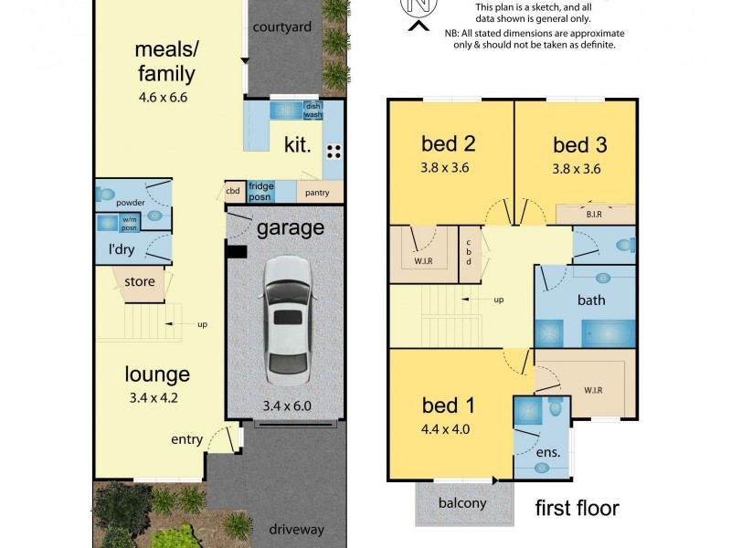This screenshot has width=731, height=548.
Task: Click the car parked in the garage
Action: pos(285,320)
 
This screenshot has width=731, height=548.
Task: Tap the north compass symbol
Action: pos(418,8)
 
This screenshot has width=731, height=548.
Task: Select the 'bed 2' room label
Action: pos(447,143)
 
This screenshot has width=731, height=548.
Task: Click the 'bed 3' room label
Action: pos(579,144)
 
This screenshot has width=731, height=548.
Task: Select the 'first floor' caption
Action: pos(577,508)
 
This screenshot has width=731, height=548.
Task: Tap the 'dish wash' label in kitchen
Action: pos(313,111)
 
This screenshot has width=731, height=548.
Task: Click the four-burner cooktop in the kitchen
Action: pos(333,152)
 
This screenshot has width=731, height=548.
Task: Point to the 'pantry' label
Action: pos(316,193)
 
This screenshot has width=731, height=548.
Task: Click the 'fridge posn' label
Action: pos(261,192)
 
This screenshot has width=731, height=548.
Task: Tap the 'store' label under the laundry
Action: pos(140,282)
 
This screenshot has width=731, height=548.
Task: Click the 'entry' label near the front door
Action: pos(186,440)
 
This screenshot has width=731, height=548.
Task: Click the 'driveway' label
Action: pos(298,529)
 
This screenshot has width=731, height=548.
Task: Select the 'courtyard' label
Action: pos(282,27)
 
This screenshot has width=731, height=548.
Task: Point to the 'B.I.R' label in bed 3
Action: pos(595,214)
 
